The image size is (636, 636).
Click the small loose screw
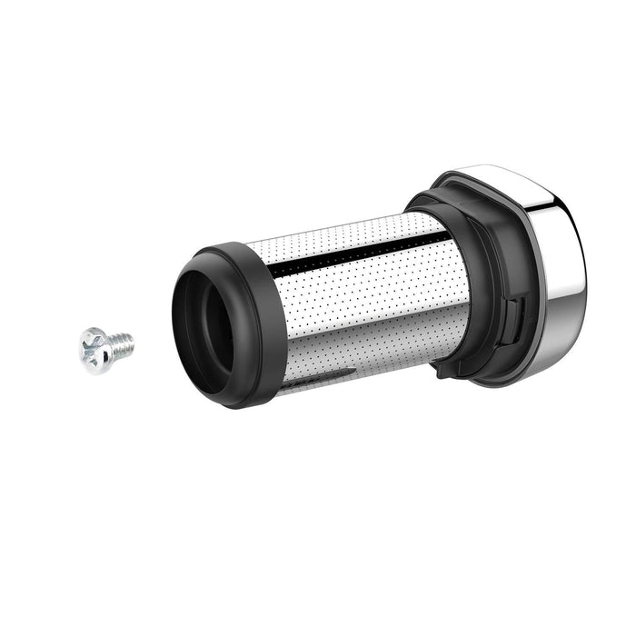coord(104,348)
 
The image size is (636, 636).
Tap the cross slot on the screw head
coord(94,349)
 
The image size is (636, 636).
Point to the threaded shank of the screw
coord(121,345)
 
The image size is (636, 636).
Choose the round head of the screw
coord(93,350)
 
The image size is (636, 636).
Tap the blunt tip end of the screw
coord(133,343)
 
